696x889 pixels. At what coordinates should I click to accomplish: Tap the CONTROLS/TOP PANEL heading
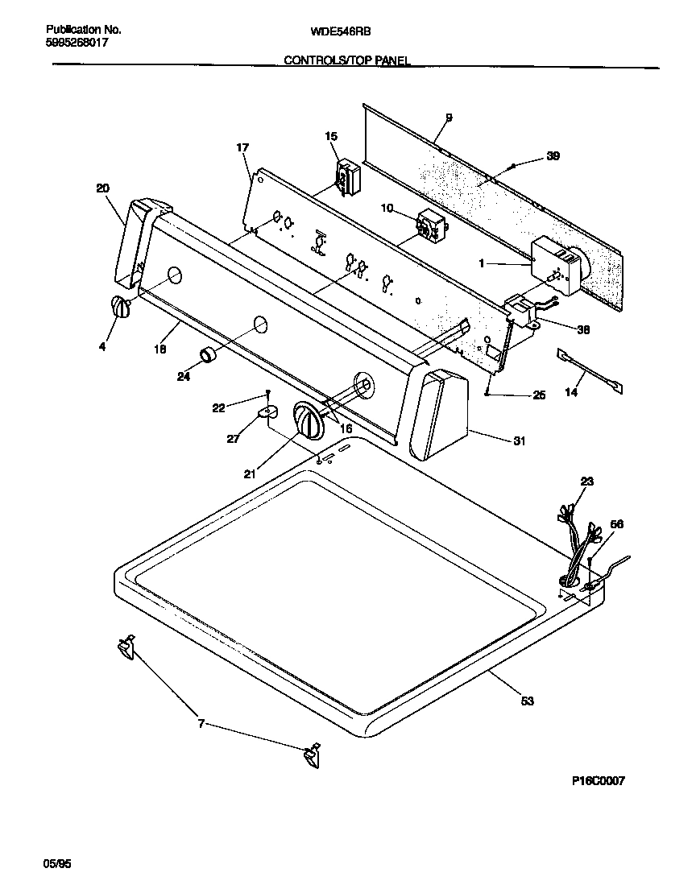click(346, 60)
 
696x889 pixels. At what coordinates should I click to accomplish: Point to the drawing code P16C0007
click(599, 780)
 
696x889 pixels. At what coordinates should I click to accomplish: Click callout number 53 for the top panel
click(527, 701)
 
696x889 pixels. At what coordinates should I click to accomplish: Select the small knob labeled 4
click(119, 308)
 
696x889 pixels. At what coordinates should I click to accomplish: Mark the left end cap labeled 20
click(133, 242)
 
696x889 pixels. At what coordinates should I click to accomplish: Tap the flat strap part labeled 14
click(590, 371)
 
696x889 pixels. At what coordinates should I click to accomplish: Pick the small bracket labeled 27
click(268, 413)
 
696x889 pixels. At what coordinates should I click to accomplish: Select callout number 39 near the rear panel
click(553, 156)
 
